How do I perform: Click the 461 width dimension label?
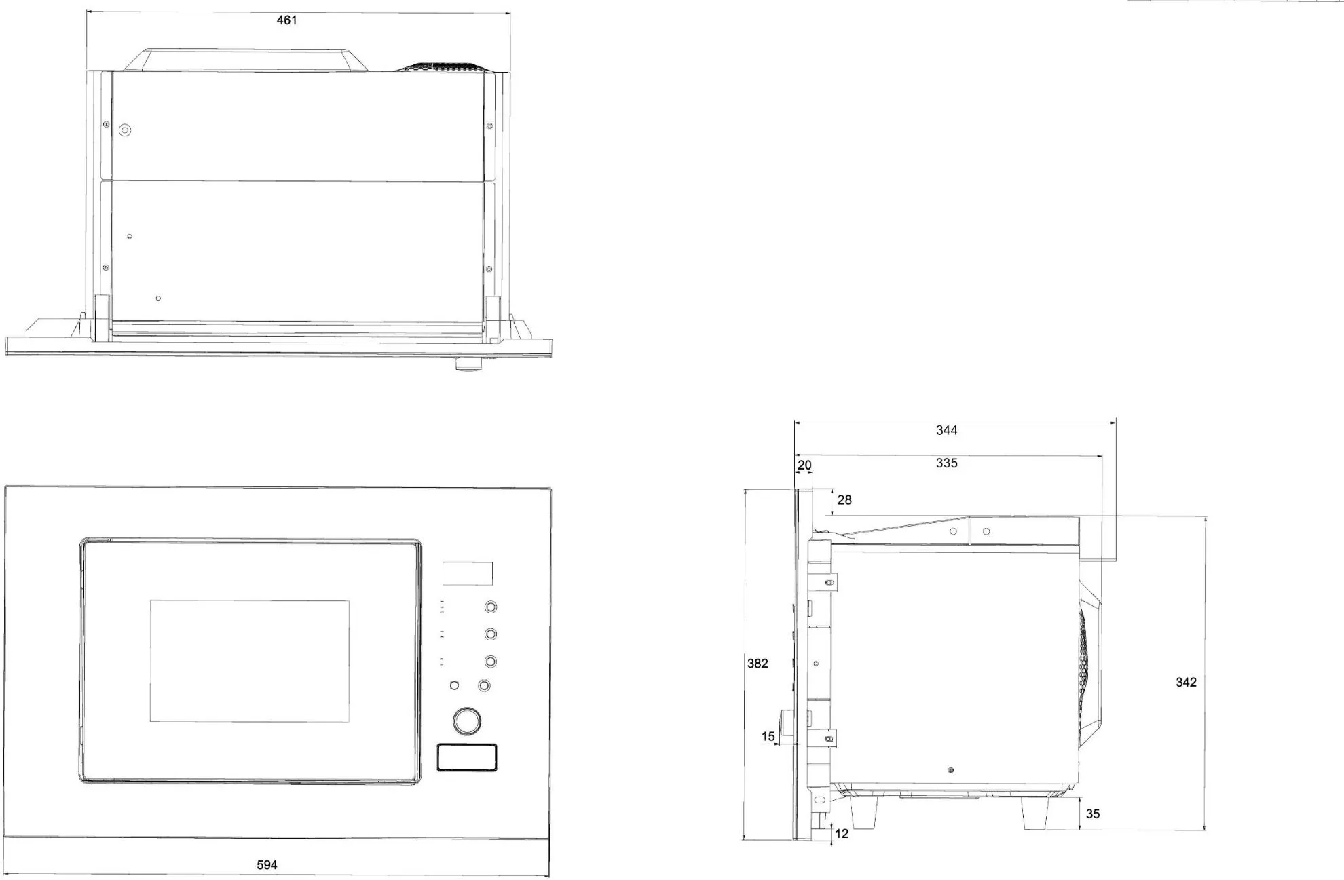[x=286, y=20]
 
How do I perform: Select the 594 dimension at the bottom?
[x=267, y=865]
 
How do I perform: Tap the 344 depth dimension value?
[x=946, y=430]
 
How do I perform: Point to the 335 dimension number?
[x=946, y=463]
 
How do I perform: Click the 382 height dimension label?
[x=758, y=664]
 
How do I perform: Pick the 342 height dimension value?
[x=1186, y=683]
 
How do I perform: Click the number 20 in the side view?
[x=804, y=465]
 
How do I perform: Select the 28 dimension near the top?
[x=844, y=500]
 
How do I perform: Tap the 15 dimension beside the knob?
[x=768, y=737]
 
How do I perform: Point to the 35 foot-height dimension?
[x=1093, y=814]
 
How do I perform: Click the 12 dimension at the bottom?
[x=842, y=834]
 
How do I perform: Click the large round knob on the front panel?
[x=467, y=721]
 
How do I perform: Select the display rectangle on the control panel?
[x=467, y=573]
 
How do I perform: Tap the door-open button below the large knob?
[x=466, y=757]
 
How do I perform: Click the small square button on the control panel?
[x=454, y=686]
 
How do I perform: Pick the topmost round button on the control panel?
[x=490, y=607]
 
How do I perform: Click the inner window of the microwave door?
[x=249, y=661]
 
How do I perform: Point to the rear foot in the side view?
[x=1034, y=812]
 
